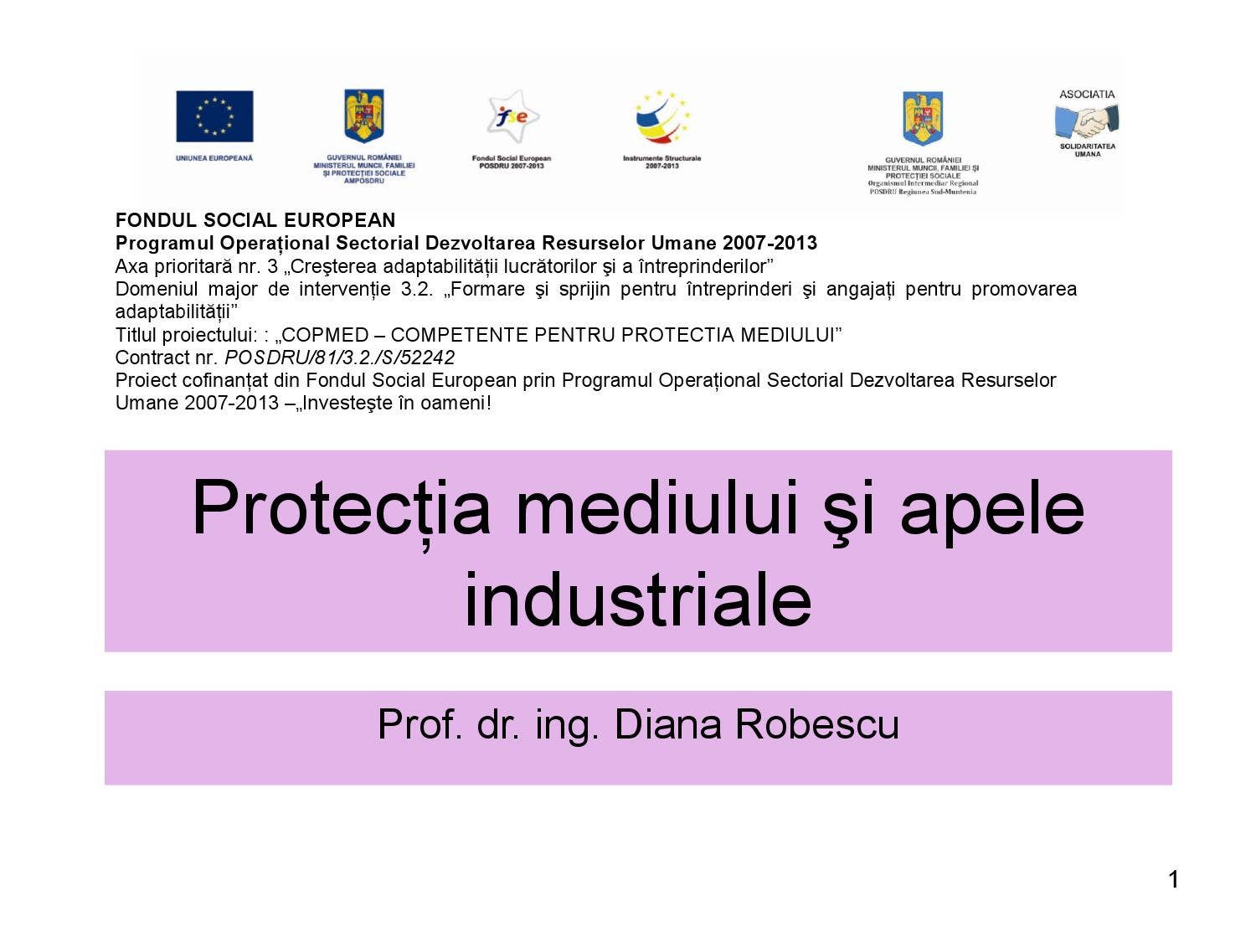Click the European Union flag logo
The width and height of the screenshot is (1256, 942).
coord(214,116)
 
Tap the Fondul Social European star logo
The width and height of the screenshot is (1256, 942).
coord(512,117)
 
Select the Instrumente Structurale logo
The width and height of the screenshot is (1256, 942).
coord(661,118)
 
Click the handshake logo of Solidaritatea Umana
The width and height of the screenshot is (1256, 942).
coord(1087,121)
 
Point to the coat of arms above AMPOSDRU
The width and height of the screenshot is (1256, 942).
coord(364,116)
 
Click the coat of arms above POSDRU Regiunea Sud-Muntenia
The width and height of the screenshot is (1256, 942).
coord(923,118)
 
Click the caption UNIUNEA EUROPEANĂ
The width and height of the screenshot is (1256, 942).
coord(214,158)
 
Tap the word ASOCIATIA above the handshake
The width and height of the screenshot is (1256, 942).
coord(1087,94)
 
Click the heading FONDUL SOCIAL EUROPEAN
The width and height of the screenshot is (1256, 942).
coord(255,220)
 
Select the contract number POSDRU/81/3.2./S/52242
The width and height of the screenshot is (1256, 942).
coord(339,358)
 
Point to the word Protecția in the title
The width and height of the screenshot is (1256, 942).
coord(341,508)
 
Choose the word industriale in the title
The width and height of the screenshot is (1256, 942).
coord(638,600)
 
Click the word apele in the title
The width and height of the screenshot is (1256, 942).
coord(992,508)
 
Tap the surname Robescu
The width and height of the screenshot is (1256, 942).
coord(816,724)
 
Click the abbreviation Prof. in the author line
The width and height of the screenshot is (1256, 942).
coord(420,724)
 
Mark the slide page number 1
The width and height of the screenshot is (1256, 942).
coord(1173,879)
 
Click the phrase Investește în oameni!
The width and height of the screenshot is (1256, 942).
coord(396,403)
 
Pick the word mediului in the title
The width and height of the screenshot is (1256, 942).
coord(656,508)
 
